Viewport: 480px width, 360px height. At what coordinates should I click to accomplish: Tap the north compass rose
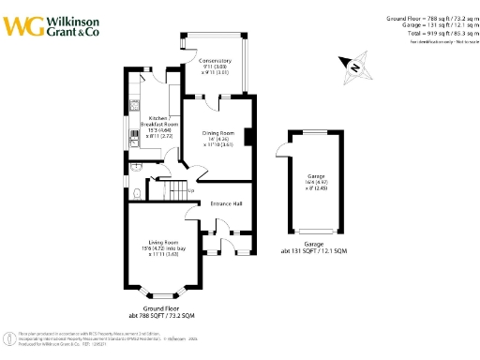[x=354, y=66]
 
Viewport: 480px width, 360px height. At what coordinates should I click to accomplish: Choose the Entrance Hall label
[x=226, y=202]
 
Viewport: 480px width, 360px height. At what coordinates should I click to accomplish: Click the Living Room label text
[x=158, y=247]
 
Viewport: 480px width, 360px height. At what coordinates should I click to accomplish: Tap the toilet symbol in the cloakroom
[x=138, y=194]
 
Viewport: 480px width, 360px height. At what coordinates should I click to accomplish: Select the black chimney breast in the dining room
[x=248, y=137]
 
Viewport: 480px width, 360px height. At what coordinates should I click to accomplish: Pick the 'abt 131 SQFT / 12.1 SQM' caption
[x=314, y=250]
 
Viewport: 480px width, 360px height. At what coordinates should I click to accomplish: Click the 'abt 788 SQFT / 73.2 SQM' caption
[x=160, y=316]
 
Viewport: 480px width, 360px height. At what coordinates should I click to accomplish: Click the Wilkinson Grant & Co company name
[x=73, y=24]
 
